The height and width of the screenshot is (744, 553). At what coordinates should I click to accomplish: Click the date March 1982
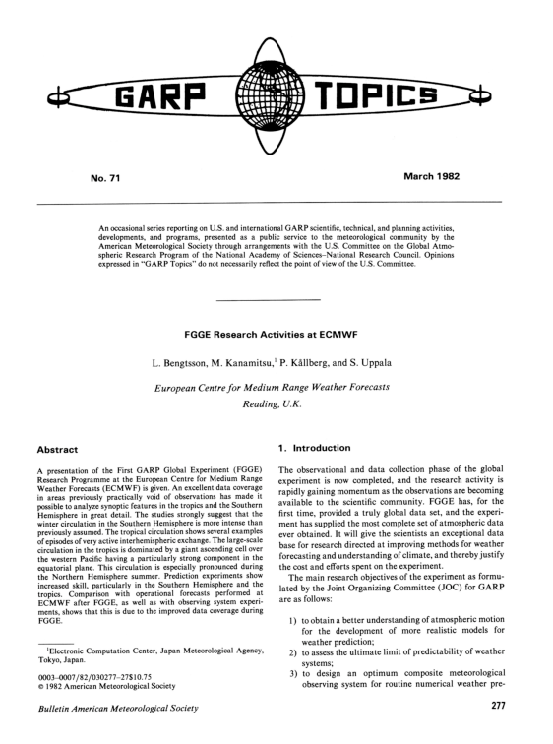pyautogui.click(x=436, y=181)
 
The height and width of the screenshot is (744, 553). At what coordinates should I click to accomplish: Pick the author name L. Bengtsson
pyautogui.click(x=189, y=365)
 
